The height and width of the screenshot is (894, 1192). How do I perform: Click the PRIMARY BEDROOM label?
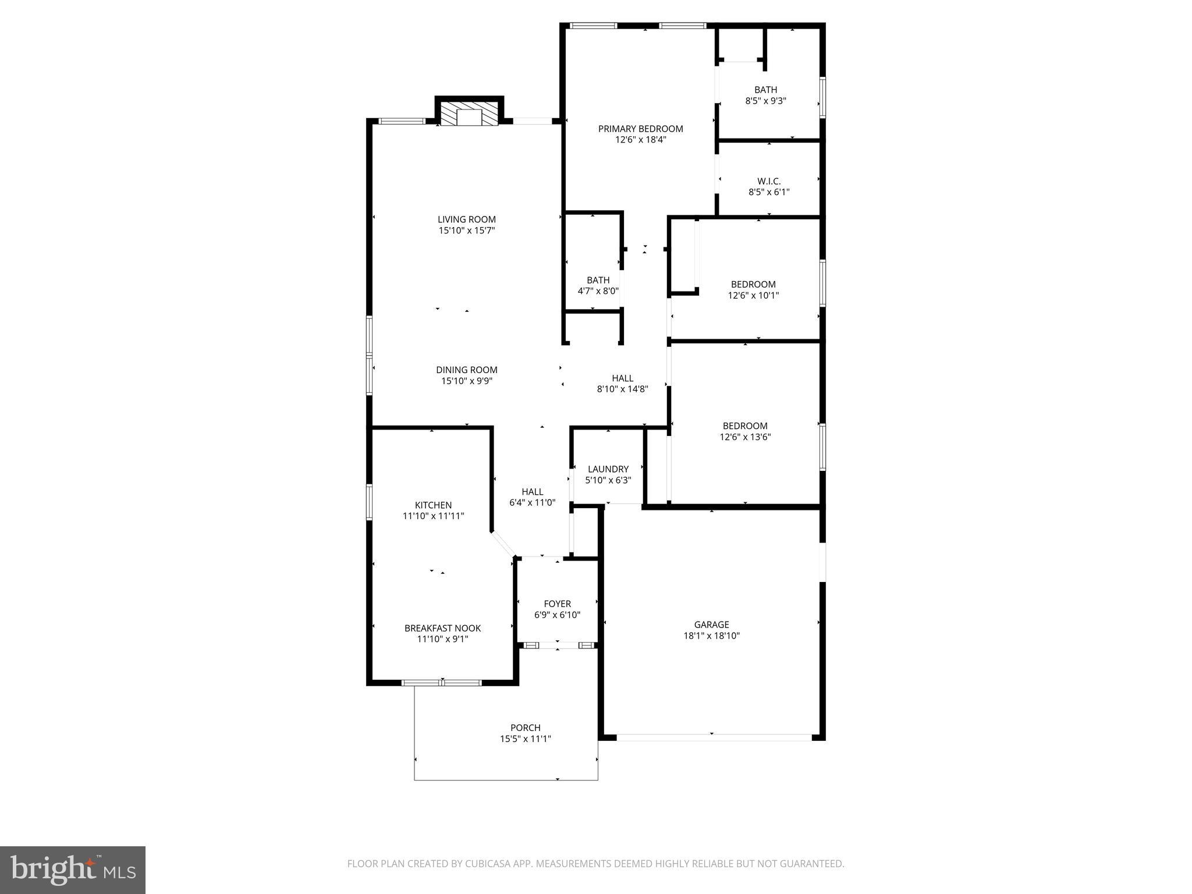[x=640, y=129]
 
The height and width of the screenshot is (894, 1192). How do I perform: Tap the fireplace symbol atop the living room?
[x=469, y=115]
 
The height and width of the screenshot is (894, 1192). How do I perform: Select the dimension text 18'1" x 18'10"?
[x=711, y=636]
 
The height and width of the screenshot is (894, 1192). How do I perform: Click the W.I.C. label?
[x=769, y=181]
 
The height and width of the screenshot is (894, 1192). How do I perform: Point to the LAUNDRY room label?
[x=608, y=469]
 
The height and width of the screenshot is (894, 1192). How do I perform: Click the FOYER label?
[x=557, y=604]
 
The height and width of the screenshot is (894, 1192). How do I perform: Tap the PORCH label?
[x=525, y=728]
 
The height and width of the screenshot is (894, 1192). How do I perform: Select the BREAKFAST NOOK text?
[x=442, y=628]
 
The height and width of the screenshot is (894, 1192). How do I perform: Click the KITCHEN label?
[x=433, y=505]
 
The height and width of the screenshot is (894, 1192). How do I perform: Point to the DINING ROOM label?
[x=467, y=370]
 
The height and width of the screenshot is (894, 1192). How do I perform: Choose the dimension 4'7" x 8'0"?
[x=598, y=291]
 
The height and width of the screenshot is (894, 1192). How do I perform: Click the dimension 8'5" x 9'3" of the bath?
[x=765, y=101]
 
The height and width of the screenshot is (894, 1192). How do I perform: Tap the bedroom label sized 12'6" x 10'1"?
[x=753, y=284]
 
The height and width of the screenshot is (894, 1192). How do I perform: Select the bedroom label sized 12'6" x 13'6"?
[x=745, y=426]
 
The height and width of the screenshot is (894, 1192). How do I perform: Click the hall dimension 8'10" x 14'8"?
[x=622, y=389]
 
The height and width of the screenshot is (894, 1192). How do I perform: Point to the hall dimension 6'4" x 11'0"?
[x=532, y=503]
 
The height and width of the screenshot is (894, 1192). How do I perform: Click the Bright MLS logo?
[x=73, y=869]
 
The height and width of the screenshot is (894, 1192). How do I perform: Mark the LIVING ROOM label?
[x=467, y=219]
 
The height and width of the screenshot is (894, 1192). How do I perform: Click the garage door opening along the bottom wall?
[x=714, y=737]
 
